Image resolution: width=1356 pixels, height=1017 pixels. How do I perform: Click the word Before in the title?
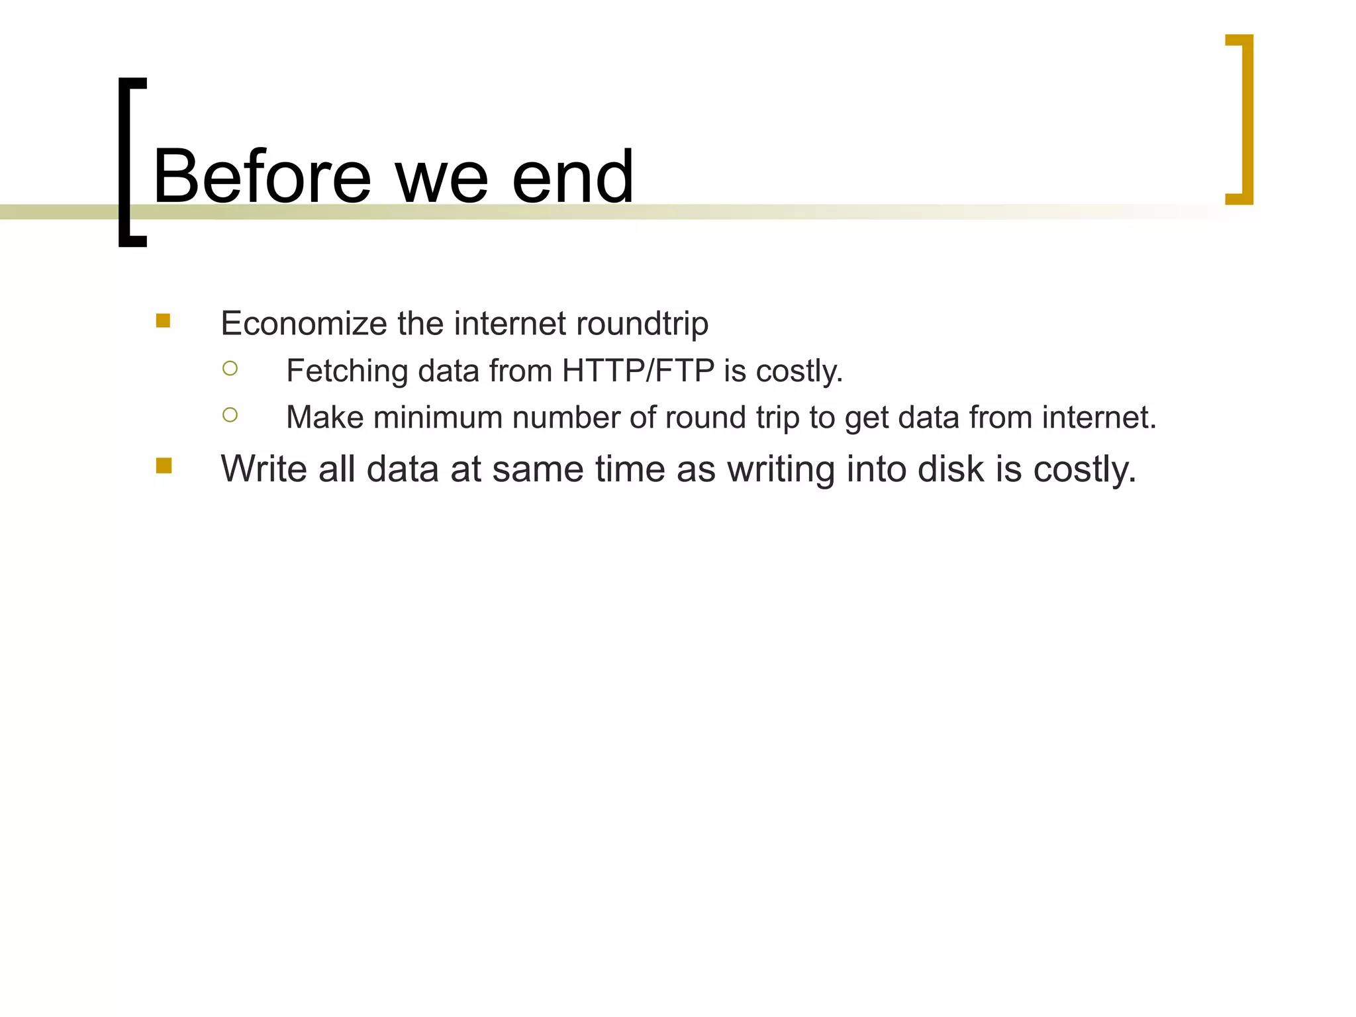[x=262, y=177]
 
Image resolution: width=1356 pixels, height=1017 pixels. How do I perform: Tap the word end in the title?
[x=573, y=177]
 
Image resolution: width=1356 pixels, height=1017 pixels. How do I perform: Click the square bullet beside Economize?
[x=164, y=321]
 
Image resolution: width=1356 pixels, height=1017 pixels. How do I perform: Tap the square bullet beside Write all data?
[x=164, y=466]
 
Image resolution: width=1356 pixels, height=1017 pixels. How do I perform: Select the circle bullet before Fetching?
[x=230, y=368]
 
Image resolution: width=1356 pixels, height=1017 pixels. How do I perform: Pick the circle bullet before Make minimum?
[x=230, y=415]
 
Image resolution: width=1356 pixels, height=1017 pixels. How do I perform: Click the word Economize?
[x=303, y=324]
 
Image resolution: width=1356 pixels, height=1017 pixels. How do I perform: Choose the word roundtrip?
[x=642, y=324]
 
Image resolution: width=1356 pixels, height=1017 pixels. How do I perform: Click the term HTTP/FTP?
[x=638, y=371]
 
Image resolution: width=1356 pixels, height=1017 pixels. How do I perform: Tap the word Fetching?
[x=346, y=371]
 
